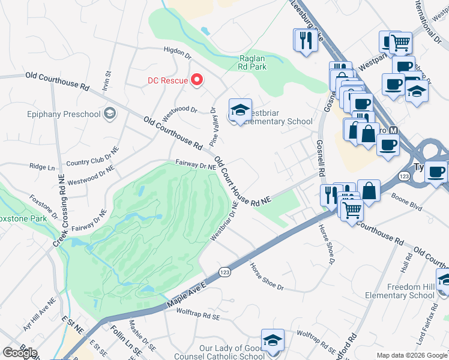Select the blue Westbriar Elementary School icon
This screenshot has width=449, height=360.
pyautogui.click(x=240, y=111)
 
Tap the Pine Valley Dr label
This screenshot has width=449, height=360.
pyautogui.click(x=213, y=127)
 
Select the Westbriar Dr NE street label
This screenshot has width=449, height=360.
pyautogui.click(x=224, y=221)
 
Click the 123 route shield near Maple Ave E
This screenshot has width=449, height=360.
pyautogui.click(x=223, y=271)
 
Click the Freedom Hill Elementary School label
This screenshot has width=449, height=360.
pyautogui.click(x=402, y=291)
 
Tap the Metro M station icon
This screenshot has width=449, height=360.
pyautogui.click(x=394, y=130)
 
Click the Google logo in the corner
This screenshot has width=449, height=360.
pyautogui.click(x=20, y=352)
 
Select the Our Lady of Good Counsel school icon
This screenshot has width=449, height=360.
pyautogui.click(x=272, y=340)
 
